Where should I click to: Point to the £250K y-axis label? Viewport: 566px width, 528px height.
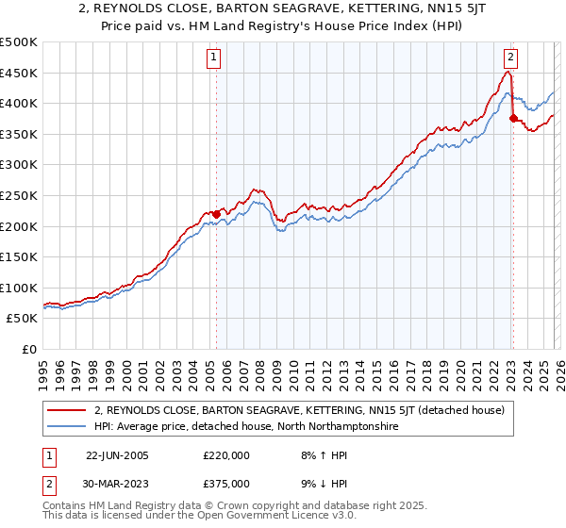(19, 195)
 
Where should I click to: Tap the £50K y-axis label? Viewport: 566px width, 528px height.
(23, 319)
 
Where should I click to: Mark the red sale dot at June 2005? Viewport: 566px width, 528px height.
(216, 214)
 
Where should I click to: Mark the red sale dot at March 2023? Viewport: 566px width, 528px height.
(513, 119)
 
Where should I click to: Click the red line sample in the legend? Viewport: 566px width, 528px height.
(68, 410)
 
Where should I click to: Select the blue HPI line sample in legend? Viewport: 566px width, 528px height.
(68, 426)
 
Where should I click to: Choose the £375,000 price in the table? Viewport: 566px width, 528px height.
(225, 483)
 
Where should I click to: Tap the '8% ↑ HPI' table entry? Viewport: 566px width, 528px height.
(316, 455)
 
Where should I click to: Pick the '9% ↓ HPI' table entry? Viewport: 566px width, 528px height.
(316, 483)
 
